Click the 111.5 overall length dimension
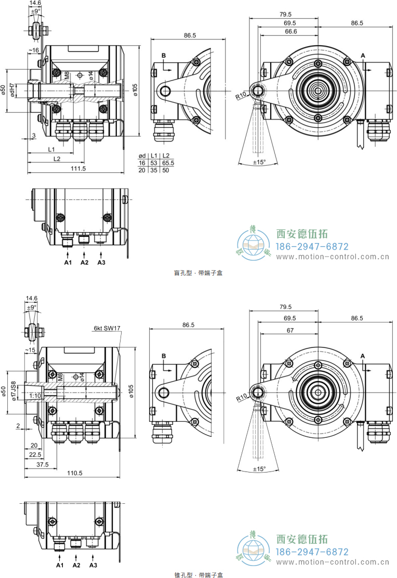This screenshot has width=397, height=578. pyautogui.click(x=78, y=169)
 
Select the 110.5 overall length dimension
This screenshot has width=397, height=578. pyautogui.click(x=76, y=473)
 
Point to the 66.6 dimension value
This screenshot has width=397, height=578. pyautogui.click(x=290, y=32)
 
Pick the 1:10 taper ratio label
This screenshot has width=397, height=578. pyautogui.click(x=35, y=396)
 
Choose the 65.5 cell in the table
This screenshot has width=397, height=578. pyautogui.click(x=168, y=163)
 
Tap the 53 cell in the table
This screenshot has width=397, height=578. pyautogui.click(x=154, y=163)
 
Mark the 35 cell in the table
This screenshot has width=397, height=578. pyautogui.click(x=154, y=170)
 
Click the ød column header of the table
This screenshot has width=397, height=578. pyautogui.click(x=141, y=156)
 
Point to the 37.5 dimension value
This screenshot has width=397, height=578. pyautogui.click(x=43, y=464)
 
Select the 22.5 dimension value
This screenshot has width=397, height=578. pyautogui.click(x=35, y=454)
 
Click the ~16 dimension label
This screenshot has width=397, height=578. pyautogui.click(x=33, y=50)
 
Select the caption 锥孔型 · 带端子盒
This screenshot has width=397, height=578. pyautogui.click(x=198, y=574)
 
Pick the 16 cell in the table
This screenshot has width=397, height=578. pyautogui.click(x=141, y=163)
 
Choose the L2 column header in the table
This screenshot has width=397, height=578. pyautogui.click(x=166, y=156)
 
